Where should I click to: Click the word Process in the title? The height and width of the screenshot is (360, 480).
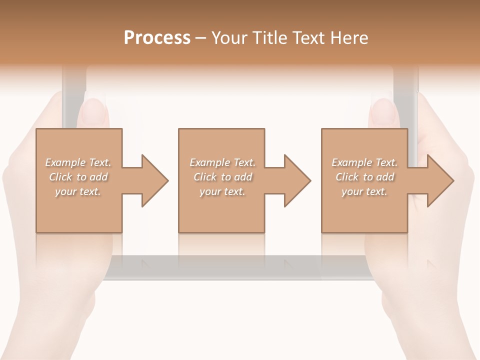(x=157, y=38)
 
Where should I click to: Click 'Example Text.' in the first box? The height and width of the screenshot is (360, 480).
(x=78, y=162)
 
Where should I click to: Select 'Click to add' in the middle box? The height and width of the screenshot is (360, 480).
(x=222, y=177)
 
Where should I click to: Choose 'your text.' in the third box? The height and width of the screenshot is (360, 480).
(x=364, y=191)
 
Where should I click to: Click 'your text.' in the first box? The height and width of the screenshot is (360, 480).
(x=78, y=191)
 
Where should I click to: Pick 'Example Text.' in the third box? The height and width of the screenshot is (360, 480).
(x=364, y=162)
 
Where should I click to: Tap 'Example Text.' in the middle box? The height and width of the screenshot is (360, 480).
(x=222, y=162)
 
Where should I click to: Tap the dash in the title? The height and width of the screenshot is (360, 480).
(x=201, y=38)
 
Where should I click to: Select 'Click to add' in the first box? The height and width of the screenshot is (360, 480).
(x=78, y=177)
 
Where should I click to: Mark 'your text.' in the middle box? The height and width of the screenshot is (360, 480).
(x=222, y=191)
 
